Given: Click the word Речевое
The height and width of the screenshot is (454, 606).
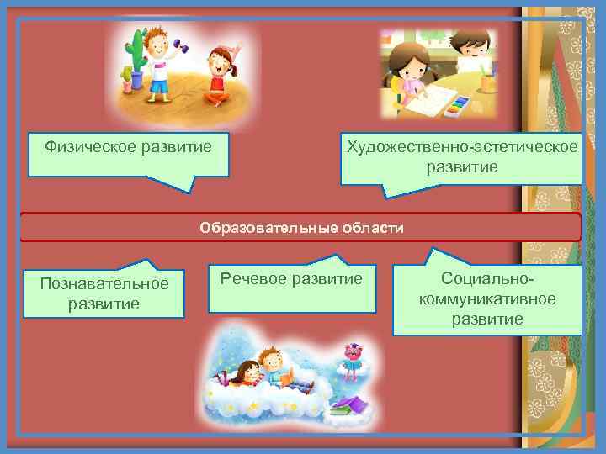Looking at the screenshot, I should click(252, 278).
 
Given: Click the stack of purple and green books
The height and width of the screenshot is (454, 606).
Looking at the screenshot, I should click(349, 407).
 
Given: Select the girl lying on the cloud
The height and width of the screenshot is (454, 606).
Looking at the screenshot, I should click(244, 373).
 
